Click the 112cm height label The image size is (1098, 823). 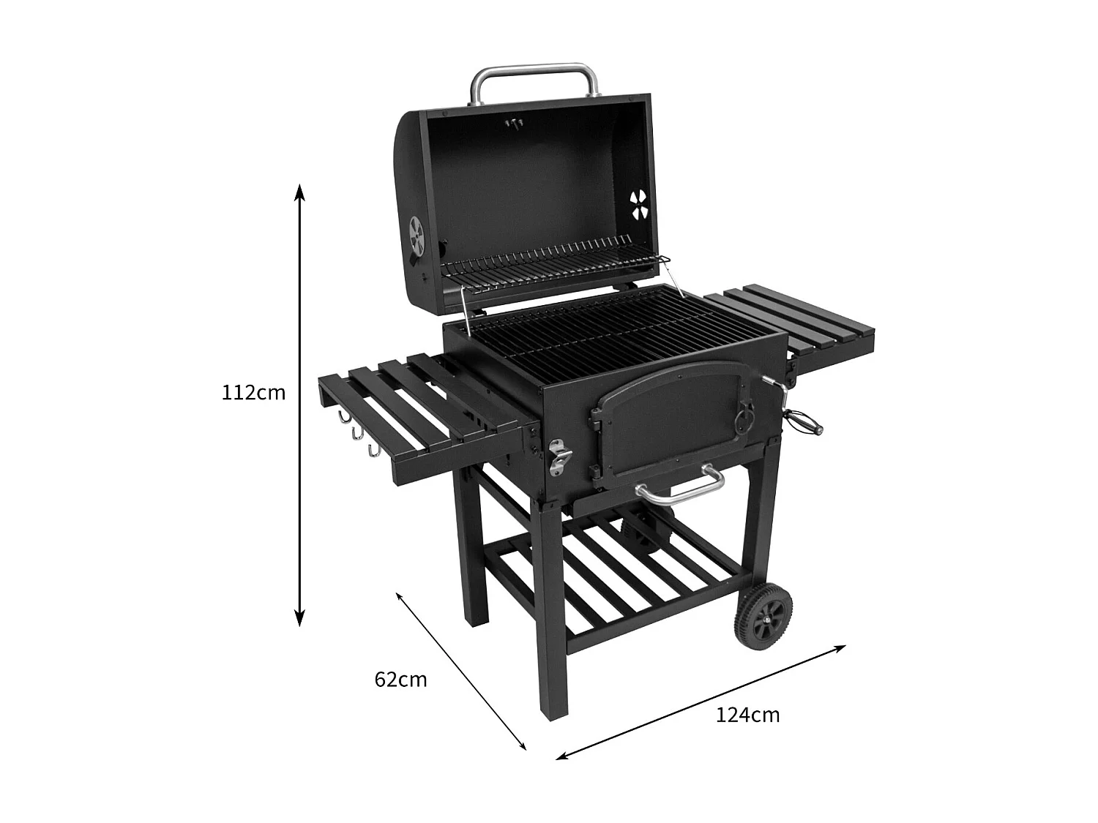[253, 393]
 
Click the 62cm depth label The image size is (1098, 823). [400, 680]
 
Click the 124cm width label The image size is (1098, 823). [747, 715]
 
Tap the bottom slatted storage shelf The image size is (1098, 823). [615, 578]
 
